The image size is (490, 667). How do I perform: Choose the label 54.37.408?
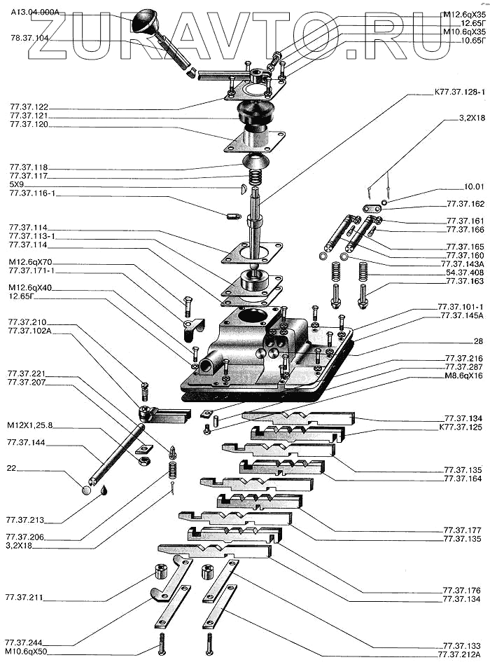[465, 272]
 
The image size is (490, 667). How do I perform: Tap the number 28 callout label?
[478, 341]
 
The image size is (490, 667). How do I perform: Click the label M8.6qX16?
[463, 376]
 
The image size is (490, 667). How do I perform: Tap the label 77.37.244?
[23, 642]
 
